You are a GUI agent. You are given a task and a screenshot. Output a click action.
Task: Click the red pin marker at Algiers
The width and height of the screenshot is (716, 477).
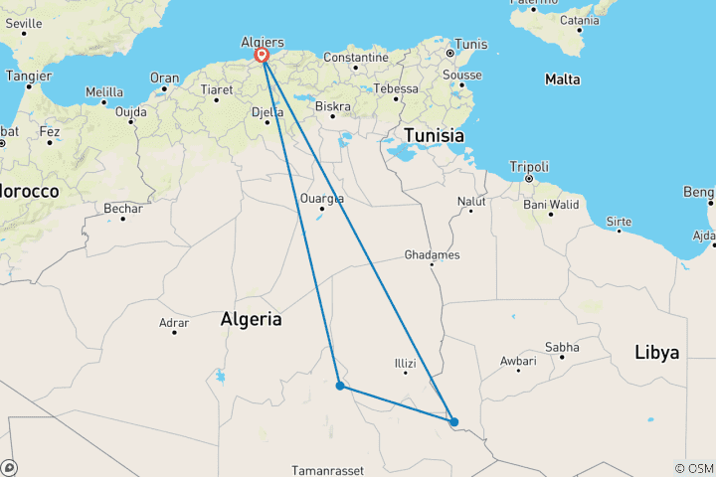tap(263, 56)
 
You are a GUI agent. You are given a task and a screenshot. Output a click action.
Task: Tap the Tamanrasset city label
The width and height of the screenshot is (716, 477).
tap(327, 469)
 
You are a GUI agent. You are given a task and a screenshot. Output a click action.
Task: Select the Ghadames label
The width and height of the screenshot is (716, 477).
tap(432, 255)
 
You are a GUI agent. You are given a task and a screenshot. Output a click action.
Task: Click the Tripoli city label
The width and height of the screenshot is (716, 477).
tap(528, 167)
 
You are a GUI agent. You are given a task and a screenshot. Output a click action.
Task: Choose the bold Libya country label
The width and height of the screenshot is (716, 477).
tap(656, 353)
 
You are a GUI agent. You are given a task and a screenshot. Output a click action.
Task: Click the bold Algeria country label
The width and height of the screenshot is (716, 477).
tap(251, 320)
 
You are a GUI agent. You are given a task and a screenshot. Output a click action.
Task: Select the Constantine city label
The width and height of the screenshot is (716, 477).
tap(355, 58)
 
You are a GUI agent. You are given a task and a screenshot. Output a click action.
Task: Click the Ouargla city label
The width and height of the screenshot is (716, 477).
tap(321, 198)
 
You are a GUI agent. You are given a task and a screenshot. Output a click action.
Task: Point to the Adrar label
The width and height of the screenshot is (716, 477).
tap(174, 322)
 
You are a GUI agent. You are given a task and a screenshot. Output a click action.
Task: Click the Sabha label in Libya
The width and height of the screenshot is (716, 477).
tap(562, 347)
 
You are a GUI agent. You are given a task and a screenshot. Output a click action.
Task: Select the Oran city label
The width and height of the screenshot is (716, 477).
tap(164, 78)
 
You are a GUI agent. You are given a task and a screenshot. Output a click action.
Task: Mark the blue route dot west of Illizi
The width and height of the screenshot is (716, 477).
tap(340, 386)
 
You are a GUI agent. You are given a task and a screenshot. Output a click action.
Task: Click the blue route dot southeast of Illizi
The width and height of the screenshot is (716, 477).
tap(453, 421)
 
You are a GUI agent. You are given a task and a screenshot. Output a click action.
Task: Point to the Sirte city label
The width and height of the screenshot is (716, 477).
tap(619, 221)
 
